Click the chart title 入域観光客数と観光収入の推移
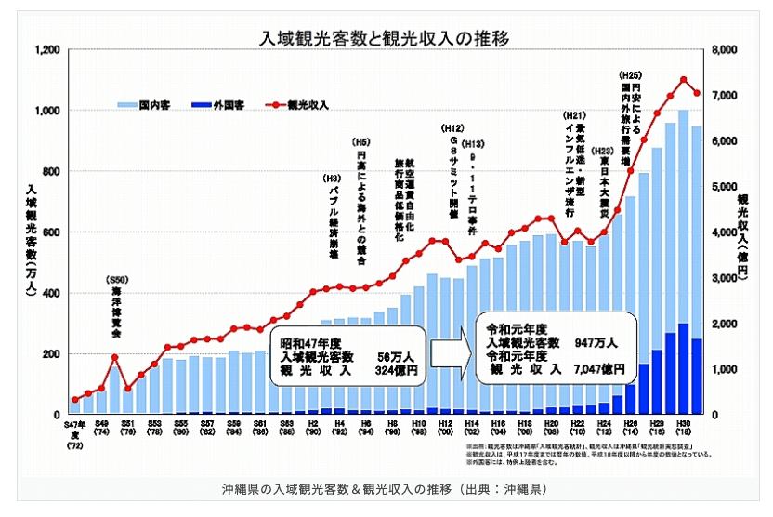click(386, 39)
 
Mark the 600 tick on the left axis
click(48, 232)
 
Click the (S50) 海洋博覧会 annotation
click(115, 307)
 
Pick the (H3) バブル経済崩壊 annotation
click(332, 219)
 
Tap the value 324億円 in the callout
click(397, 369)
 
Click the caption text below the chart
click(386, 490)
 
